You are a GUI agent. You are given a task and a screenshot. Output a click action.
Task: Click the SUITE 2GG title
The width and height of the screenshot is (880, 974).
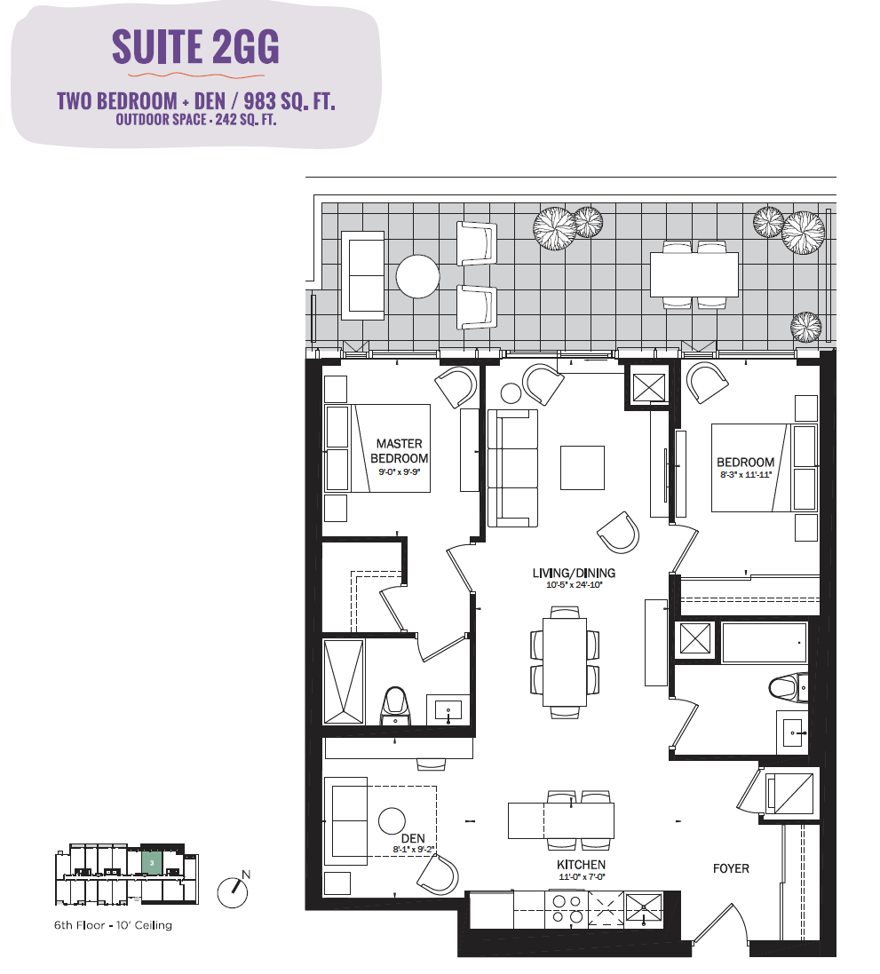click(x=195, y=46)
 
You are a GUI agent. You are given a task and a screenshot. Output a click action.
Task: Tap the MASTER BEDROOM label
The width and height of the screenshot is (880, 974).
click(x=399, y=451)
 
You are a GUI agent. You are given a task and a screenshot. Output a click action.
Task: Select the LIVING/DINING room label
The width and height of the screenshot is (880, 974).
click(x=574, y=573)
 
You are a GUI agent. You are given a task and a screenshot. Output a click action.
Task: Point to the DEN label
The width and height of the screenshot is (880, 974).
click(x=413, y=838)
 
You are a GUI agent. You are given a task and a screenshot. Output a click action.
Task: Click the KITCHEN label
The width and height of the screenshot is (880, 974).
click(x=581, y=865)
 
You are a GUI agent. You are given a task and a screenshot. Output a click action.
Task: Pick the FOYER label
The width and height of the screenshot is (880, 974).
click(x=731, y=868)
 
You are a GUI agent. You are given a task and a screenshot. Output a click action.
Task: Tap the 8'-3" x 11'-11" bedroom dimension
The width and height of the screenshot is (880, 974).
click(x=746, y=475)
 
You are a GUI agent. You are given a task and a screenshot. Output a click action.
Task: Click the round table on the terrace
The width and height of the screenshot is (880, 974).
click(x=417, y=276)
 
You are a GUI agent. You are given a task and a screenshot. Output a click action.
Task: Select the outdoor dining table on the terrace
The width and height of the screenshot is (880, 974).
click(x=694, y=274)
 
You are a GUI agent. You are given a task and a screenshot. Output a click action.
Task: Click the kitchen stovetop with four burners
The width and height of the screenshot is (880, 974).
click(x=567, y=909)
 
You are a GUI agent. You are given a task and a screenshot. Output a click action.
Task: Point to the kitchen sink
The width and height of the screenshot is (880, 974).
click(x=644, y=909)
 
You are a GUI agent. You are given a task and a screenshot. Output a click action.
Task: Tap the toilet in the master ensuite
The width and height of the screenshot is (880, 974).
click(x=395, y=706)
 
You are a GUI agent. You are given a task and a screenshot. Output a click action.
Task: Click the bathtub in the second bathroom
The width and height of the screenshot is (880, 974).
click(x=764, y=642)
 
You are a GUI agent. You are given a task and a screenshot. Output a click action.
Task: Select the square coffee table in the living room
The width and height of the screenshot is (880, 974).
click(x=583, y=468)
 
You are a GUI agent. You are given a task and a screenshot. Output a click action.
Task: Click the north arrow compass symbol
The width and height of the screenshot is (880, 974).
click(x=233, y=892)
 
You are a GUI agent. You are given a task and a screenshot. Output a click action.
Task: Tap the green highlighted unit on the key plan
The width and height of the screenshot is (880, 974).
click(x=152, y=863)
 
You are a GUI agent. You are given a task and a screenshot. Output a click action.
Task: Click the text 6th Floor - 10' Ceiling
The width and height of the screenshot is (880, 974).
click(x=113, y=925)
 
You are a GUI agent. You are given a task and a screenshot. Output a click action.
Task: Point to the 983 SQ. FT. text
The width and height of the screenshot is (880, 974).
click(x=289, y=101)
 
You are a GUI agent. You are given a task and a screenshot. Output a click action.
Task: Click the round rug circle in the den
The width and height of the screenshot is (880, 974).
click(x=392, y=820)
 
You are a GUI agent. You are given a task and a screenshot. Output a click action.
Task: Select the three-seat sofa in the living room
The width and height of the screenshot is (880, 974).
click(x=512, y=469)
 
